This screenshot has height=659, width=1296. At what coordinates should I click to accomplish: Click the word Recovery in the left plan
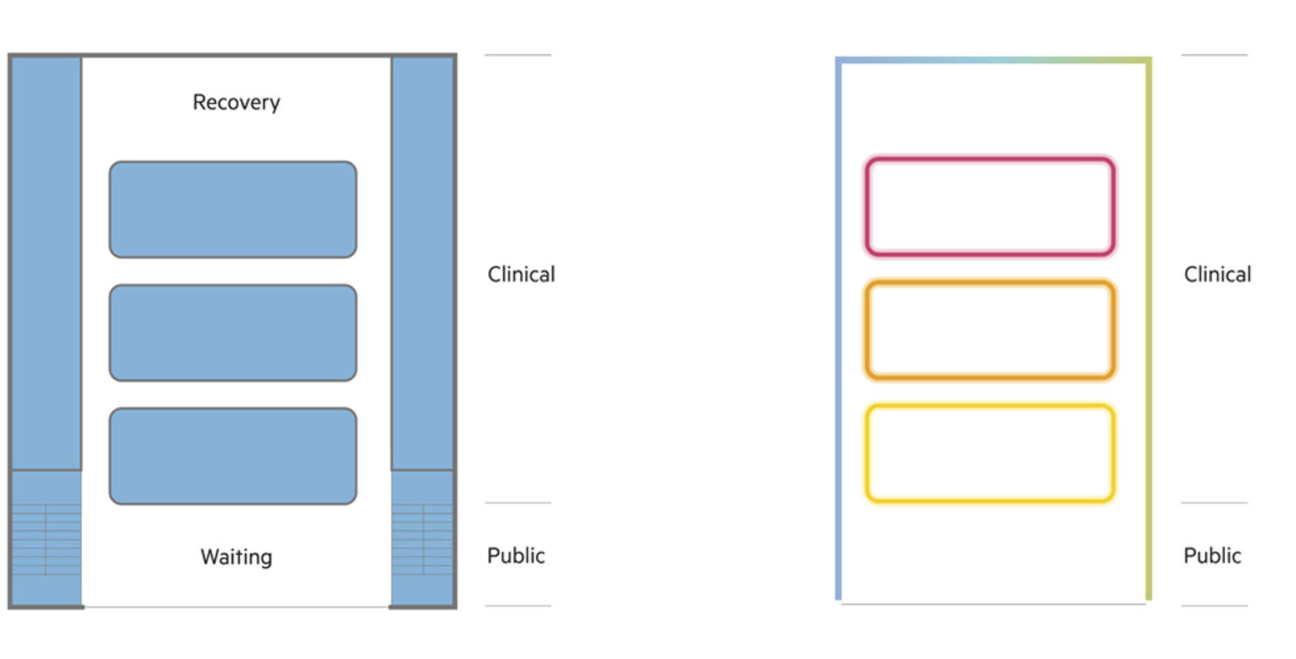pyautogui.click(x=236, y=103)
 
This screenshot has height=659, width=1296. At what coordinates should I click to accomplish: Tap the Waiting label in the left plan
pyautogui.click(x=236, y=557)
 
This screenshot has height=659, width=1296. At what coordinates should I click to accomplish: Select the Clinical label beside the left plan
pyautogui.click(x=521, y=274)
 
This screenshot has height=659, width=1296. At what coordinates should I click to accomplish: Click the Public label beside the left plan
pyautogui.click(x=516, y=556)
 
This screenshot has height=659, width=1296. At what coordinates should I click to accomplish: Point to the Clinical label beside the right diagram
pyautogui.click(x=1217, y=274)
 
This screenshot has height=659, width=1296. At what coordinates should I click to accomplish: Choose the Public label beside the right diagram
pyautogui.click(x=1212, y=556)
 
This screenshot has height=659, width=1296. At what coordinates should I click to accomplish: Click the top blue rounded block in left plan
pyautogui.click(x=233, y=209)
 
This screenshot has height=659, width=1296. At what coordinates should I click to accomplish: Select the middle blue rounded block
pyautogui.click(x=233, y=333)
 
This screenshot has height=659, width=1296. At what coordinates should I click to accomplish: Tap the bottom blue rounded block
pyautogui.click(x=233, y=456)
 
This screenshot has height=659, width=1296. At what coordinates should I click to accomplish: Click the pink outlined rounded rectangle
pyautogui.click(x=990, y=207)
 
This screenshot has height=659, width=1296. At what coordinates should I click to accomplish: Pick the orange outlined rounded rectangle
pyautogui.click(x=990, y=329)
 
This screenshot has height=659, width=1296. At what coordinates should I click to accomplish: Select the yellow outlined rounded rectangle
pyautogui.click(x=990, y=453)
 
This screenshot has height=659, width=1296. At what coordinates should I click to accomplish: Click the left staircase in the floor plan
pyautogui.click(x=47, y=539)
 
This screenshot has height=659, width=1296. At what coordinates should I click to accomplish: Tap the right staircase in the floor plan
pyautogui.click(x=423, y=539)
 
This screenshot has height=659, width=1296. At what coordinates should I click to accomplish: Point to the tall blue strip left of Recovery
pyautogui.click(x=47, y=263)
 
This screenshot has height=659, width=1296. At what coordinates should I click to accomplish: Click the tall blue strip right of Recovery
pyautogui.click(x=423, y=263)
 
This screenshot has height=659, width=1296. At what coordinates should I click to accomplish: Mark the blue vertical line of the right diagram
pyautogui.click(x=839, y=329)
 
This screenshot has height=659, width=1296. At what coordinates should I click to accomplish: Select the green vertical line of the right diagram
pyautogui.click(x=1149, y=329)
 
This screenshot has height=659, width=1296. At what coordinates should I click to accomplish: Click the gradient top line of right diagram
pyautogui.click(x=994, y=60)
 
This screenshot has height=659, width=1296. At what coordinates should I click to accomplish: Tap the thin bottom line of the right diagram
pyautogui.click(x=994, y=604)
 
